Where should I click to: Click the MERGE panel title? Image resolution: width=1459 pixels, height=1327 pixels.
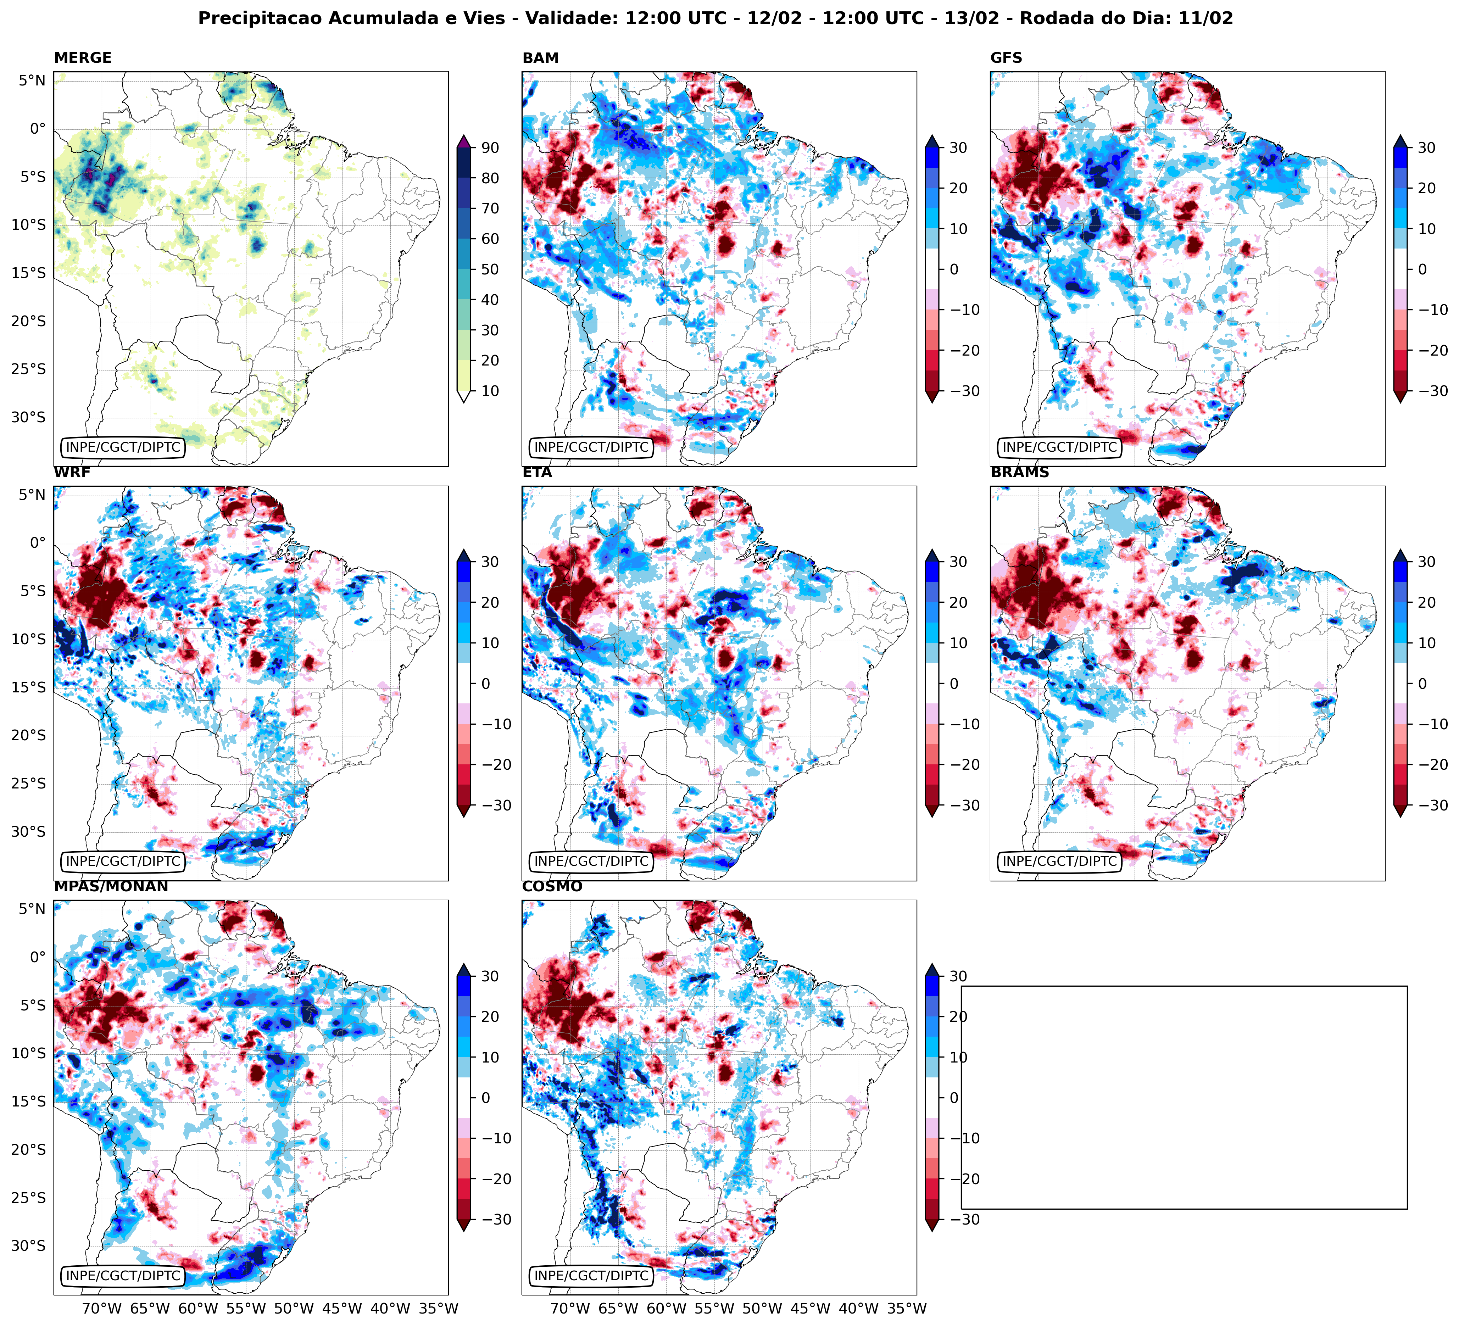click(x=83, y=58)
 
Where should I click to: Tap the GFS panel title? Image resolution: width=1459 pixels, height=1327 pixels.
click(x=1006, y=58)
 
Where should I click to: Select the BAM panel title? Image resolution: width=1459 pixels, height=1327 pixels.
click(x=540, y=58)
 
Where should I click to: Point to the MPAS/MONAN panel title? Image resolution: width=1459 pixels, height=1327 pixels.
click(x=111, y=886)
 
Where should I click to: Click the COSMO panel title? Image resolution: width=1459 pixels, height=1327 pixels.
click(x=551, y=886)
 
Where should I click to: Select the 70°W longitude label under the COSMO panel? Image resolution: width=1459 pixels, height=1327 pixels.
click(x=569, y=1308)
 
